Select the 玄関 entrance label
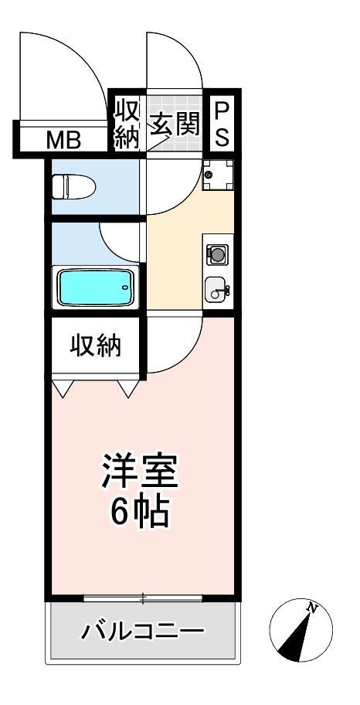tap(175, 124)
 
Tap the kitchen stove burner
tap(217, 254)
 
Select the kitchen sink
tap(217, 291)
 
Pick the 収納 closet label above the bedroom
tap(97, 347)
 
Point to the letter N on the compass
tap(313, 608)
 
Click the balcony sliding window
tap(143, 598)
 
